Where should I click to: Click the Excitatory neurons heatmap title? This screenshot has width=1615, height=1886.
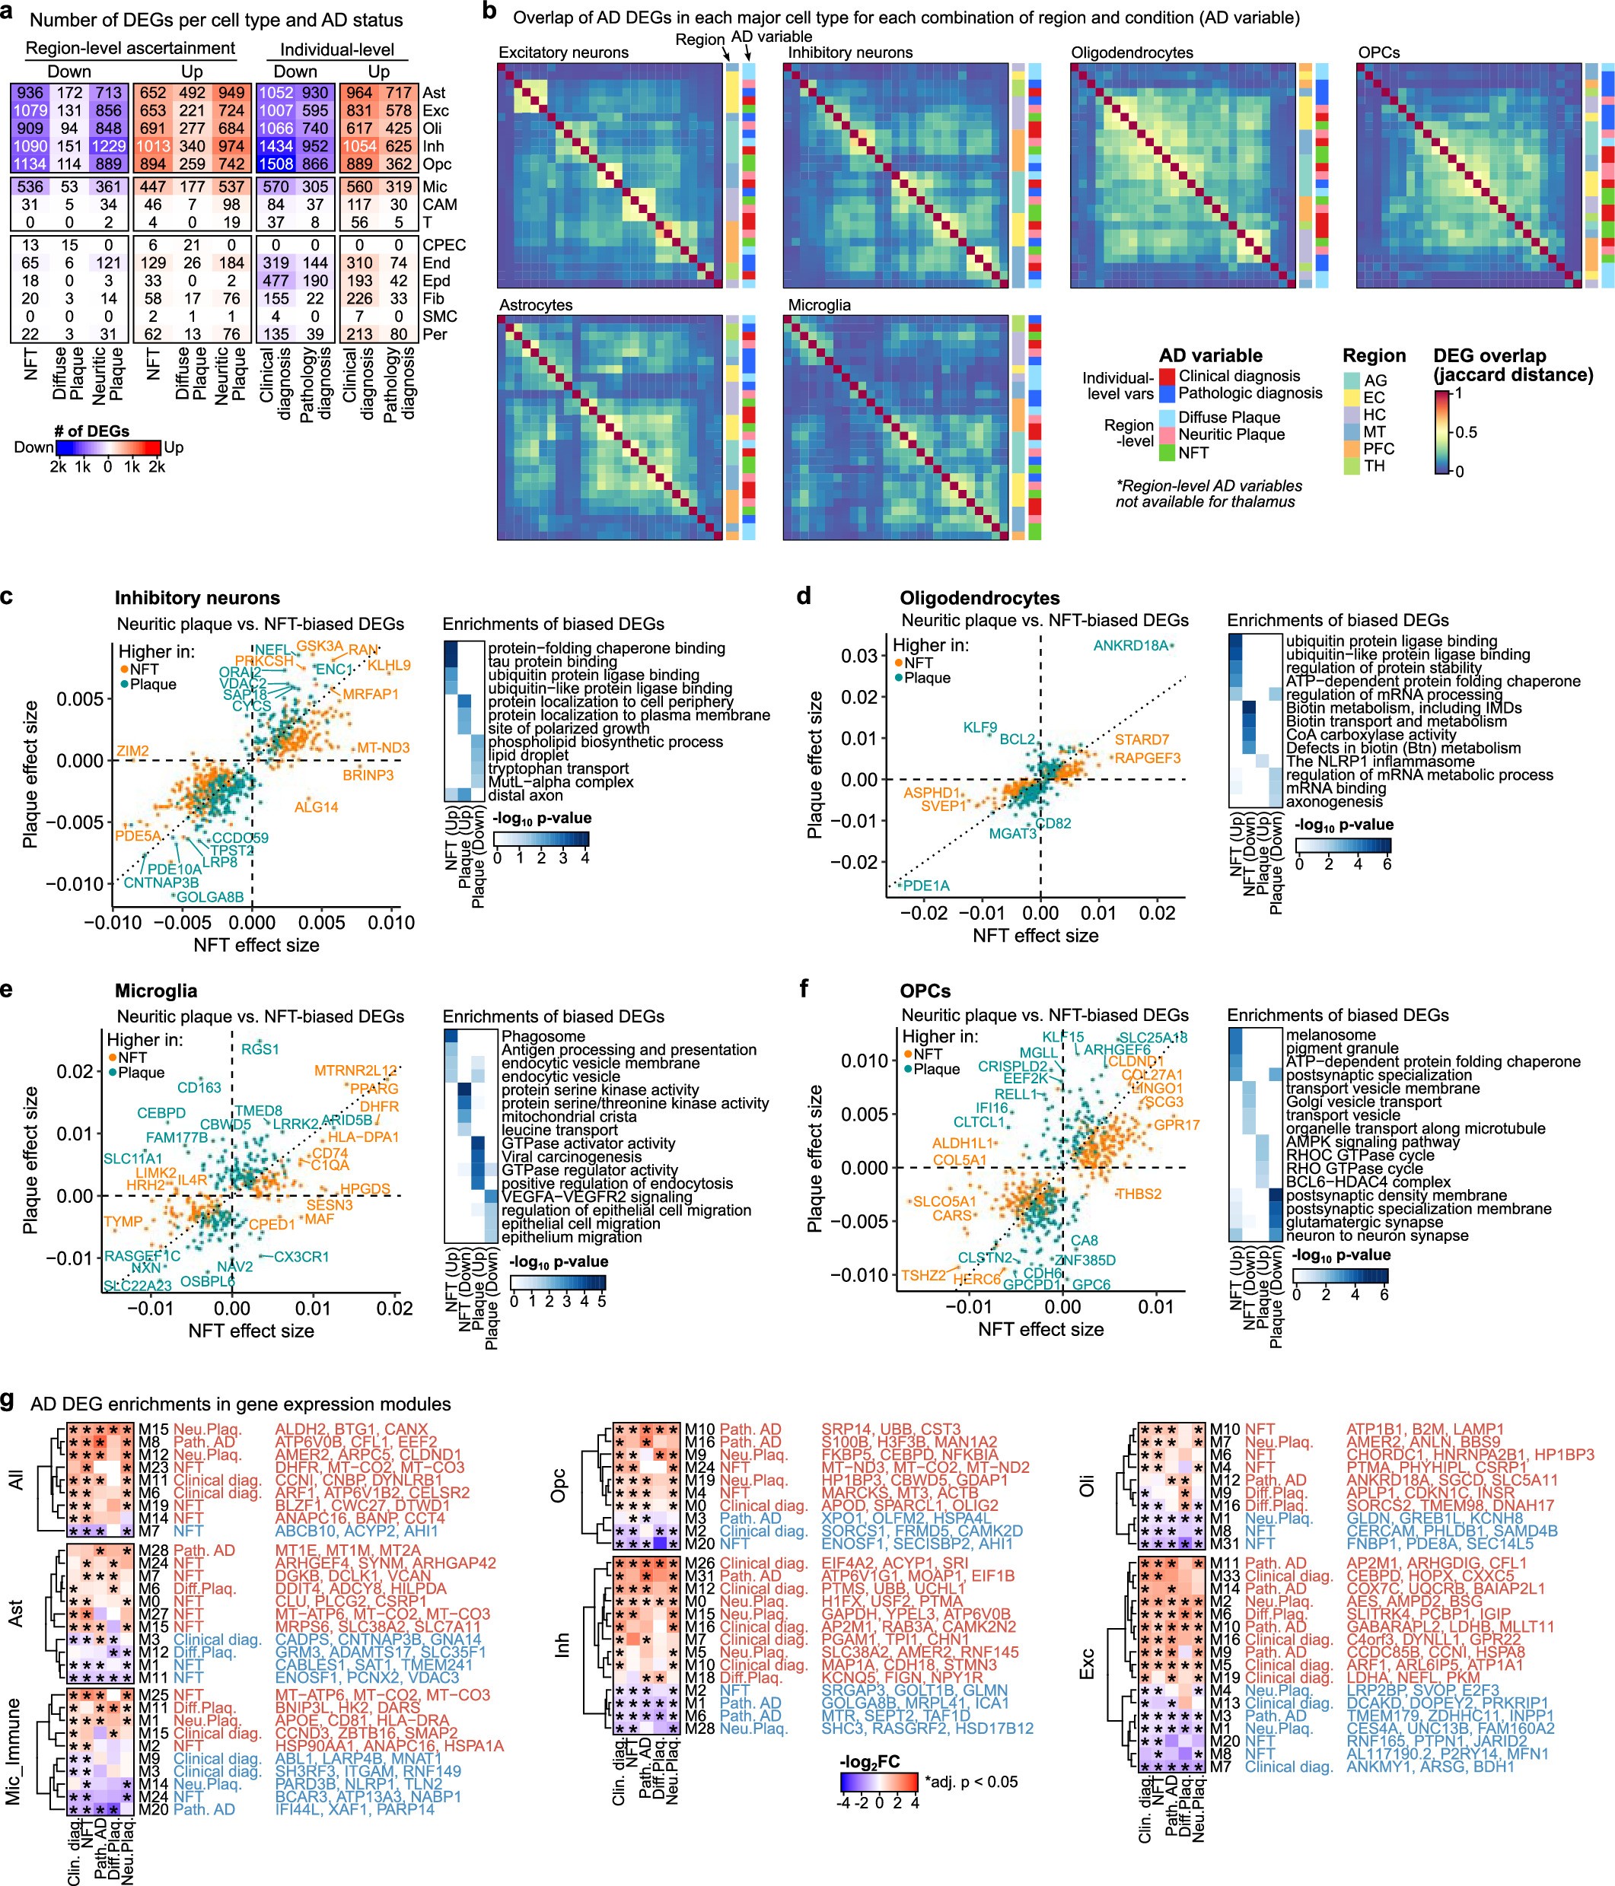[x=563, y=52]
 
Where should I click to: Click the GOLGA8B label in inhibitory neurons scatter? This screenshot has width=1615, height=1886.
[x=210, y=896]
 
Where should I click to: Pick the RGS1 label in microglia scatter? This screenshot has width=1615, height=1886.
[x=260, y=1049]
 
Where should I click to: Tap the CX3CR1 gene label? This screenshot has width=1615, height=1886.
[x=301, y=1257]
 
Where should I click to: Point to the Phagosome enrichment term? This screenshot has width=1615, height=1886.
[x=543, y=1037]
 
